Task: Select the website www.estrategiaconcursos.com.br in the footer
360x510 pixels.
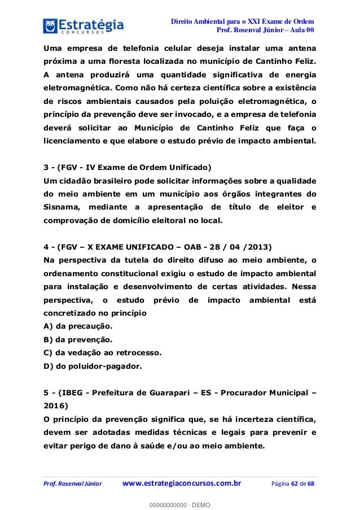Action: click(182, 483)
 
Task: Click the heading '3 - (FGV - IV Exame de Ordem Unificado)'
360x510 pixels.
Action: click(127, 168)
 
